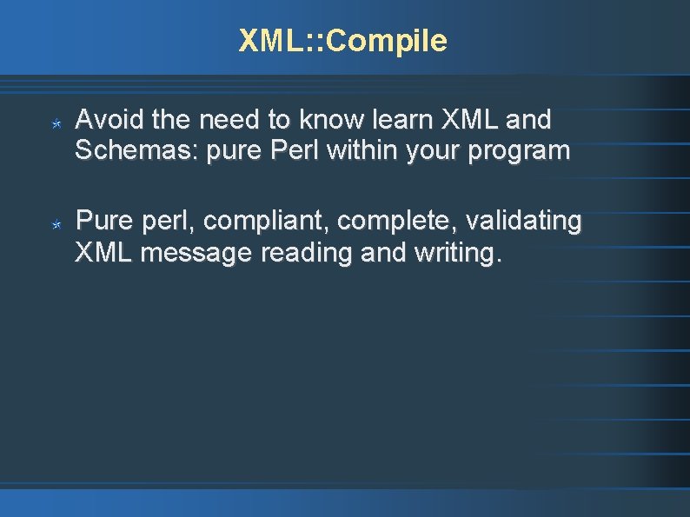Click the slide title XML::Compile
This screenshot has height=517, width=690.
tap(343, 41)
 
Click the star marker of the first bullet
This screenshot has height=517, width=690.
tap(55, 125)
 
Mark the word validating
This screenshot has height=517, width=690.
tap(523, 222)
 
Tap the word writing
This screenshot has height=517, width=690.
tap(458, 255)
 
